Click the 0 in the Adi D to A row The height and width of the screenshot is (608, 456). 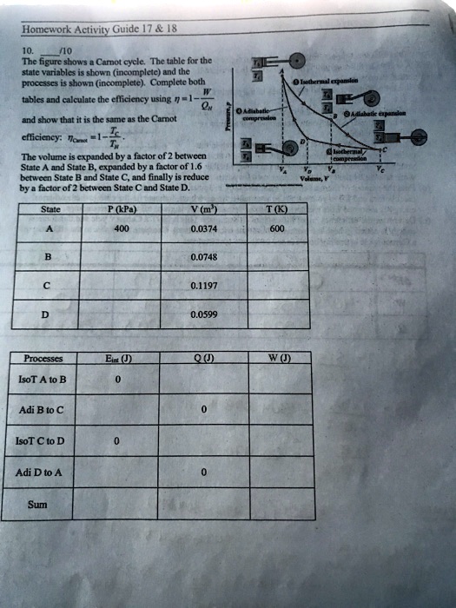click(x=204, y=473)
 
